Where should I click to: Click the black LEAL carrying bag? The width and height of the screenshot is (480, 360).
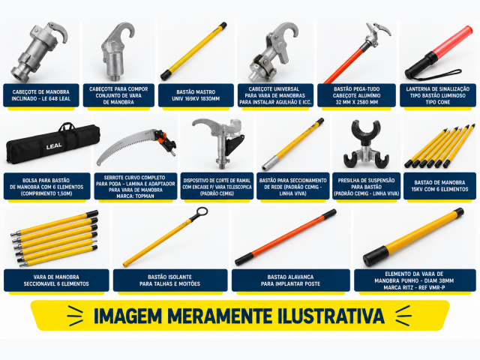pyautogui.click(x=53, y=143)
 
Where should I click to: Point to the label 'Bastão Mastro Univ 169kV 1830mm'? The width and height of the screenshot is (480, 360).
pyautogui.click(x=196, y=95)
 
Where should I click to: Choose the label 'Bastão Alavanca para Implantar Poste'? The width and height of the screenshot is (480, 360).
pyautogui.click(x=290, y=280)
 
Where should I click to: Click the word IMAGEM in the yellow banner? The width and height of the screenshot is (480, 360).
pyautogui.click(x=127, y=316)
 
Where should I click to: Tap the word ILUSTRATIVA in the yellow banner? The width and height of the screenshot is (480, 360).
pyautogui.click(x=331, y=316)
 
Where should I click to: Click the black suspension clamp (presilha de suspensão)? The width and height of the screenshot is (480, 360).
pyautogui.click(x=366, y=144)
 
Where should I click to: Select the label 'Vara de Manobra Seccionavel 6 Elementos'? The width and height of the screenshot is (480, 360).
pyautogui.click(x=56, y=280)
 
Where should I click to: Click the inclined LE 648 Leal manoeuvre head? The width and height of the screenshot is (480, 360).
pyautogui.click(x=39, y=52)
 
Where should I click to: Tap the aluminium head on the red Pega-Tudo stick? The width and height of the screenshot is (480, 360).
pyautogui.click(x=376, y=35)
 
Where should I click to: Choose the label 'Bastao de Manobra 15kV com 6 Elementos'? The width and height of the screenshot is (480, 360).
pyautogui.click(x=439, y=186)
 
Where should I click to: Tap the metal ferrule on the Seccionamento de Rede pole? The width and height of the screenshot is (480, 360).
pyautogui.click(x=270, y=163)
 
